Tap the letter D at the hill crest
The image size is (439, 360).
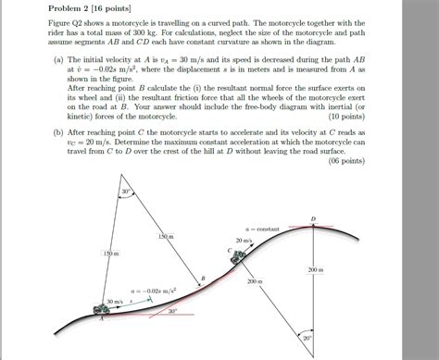click(x=313, y=219)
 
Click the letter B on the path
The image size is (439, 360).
click(x=204, y=278)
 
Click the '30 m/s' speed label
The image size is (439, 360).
click(x=115, y=302)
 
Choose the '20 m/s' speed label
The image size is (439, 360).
click(x=244, y=240)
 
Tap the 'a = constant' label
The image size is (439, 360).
click(x=262, y=228)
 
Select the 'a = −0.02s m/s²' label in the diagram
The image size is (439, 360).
click(x=154, y=290)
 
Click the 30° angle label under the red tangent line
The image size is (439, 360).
click(x=172, y=312)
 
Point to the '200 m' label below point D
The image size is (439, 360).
click(x=316, y=270)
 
